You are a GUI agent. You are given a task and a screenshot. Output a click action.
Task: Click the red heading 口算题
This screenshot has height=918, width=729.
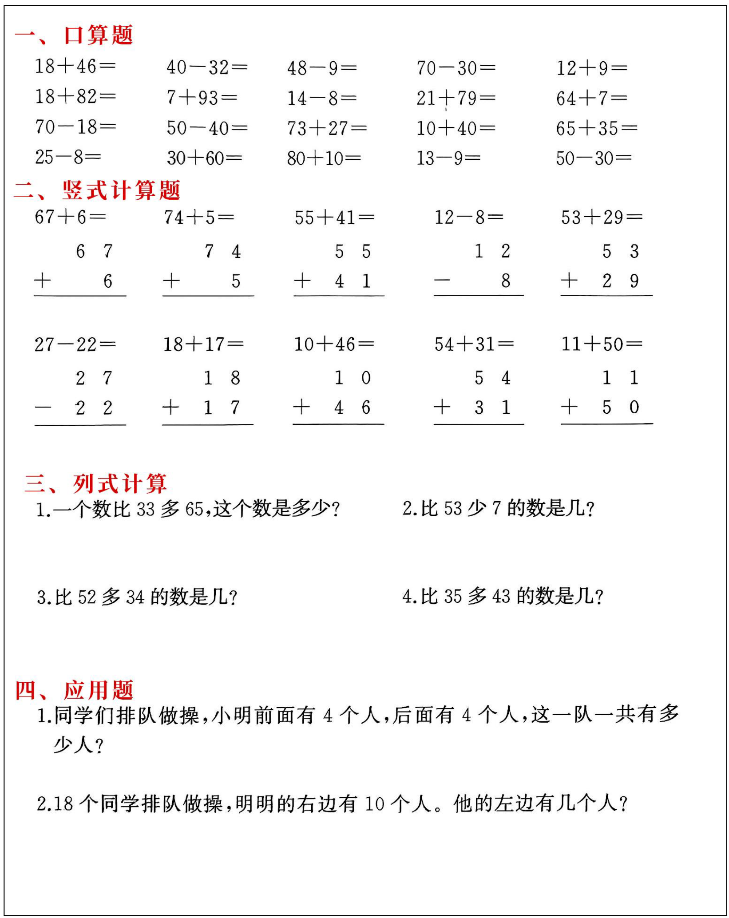click(x=98, y=35)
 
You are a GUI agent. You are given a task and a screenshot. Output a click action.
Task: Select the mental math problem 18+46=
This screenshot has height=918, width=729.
click(x=75, y=66)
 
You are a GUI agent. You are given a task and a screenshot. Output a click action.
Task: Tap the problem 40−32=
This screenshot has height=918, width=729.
click(x=207, y=67)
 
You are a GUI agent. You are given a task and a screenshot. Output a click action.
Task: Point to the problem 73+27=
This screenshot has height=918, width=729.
click(x=327, y=128)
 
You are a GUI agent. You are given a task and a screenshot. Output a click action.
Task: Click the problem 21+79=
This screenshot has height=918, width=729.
click(x=456, y=98)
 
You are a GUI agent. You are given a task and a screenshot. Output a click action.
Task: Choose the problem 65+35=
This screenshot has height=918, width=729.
click(x=597, y=128)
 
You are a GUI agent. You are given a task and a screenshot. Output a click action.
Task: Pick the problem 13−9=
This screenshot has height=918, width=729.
click(x=448, y=158)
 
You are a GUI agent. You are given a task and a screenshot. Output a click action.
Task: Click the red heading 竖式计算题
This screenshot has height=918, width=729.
click(x=121, y=190)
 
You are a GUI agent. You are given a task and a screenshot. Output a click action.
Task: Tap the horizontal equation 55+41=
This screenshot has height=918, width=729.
click(x=334, y=218)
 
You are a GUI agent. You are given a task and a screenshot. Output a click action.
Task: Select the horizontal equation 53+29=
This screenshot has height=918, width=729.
click(x=602, y=217)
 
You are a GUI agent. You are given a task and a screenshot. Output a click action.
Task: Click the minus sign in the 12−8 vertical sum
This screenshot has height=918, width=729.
click(x=442, y=281)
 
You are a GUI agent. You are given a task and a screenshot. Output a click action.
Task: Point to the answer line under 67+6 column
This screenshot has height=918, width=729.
click(x=80, y=296)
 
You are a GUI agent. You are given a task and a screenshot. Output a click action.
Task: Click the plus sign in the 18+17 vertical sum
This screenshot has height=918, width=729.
click(x=171, y=407)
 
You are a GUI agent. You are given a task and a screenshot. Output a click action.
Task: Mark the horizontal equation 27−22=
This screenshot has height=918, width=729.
click(x=75, y=344)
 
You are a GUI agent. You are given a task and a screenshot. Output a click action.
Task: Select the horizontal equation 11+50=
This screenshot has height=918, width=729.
click(x=602, y=344)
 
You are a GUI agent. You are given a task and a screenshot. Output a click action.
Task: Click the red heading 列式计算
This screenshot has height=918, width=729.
click(x=120, y=484)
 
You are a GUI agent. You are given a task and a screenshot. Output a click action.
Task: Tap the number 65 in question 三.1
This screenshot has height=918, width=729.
click(x=194, y=509)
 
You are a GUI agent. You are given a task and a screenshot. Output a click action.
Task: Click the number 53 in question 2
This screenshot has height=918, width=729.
click(x=453, y=508)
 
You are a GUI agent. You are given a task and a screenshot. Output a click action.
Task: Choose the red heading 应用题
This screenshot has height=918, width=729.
click(x=98, y=691)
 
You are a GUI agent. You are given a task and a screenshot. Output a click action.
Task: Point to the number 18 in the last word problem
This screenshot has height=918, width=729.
click(x=62, y=804)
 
